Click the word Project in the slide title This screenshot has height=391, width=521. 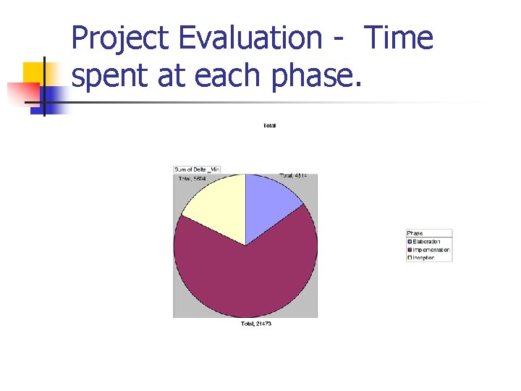coord(120,38)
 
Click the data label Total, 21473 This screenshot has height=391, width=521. coord(255,324)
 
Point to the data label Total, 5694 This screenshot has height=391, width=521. coord(192,178)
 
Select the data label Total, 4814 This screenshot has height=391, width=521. coord(298,175)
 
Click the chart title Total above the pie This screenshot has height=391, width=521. coord(269,126)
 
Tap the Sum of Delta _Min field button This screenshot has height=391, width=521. coord(196,169)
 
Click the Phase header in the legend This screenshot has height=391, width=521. coord(415,233)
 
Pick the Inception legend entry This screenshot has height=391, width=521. coord(423,258)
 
